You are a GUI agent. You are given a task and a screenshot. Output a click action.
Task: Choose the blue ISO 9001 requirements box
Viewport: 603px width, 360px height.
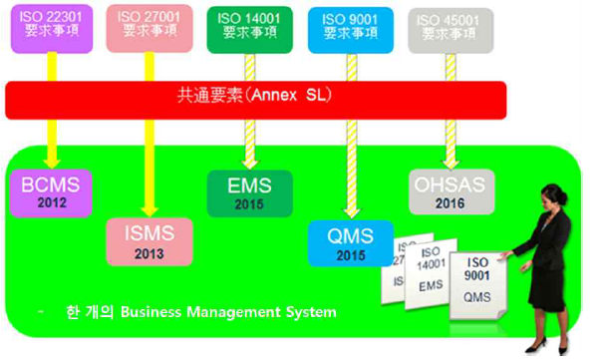pyautogui.click(x=342, y=25)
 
